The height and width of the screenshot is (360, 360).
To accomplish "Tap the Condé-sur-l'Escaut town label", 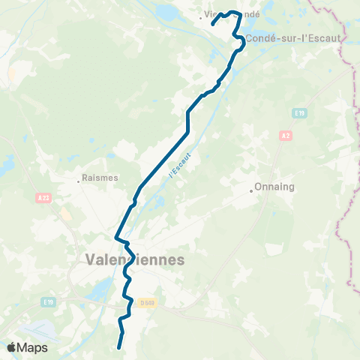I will click(292, 37).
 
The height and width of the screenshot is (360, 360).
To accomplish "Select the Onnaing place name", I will click(274, 187).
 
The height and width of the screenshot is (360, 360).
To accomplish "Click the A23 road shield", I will click(43, 197).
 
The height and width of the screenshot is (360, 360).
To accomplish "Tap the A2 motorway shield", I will click(285, 136).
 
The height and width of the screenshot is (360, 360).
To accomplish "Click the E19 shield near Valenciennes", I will click(49, 302).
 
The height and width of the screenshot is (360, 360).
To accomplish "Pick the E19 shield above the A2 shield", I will click(298, 112).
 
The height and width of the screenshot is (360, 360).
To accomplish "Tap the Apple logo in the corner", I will click(12, 347).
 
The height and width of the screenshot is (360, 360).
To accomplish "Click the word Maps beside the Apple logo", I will click(33, 347).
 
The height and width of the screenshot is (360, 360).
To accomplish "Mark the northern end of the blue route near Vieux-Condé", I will click(212, 25).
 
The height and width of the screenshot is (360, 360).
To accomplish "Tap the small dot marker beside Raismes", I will click(79, 180).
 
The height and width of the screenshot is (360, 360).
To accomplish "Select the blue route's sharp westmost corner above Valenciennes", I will click(115, 237).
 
